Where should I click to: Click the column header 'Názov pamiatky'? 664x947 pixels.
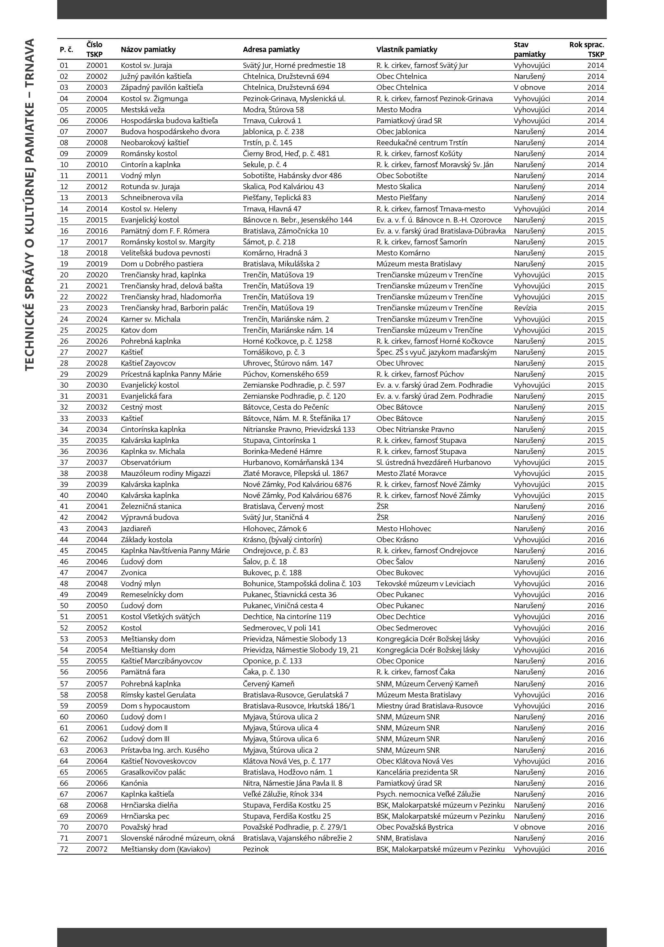(x=148, y=49)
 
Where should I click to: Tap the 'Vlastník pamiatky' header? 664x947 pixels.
(x=406, y=49)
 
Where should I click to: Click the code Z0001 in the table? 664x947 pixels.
(x=97, y=65)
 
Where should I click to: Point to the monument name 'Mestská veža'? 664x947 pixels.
(x=142, y=109)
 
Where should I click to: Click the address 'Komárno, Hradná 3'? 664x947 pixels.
(x=275, y=253)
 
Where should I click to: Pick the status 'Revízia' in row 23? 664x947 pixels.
(x=525, y=308)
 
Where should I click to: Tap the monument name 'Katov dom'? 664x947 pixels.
(x=139, y=330)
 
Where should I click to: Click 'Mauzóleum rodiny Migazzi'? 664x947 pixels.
(x=165, y=473)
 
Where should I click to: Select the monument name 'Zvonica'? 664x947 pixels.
(x=133, y=573)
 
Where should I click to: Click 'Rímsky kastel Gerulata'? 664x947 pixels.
(x=158, y=694)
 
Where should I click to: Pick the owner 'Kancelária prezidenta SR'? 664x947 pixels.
(x=417, y=772)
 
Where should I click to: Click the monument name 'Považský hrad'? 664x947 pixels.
(x=144, y=827)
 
